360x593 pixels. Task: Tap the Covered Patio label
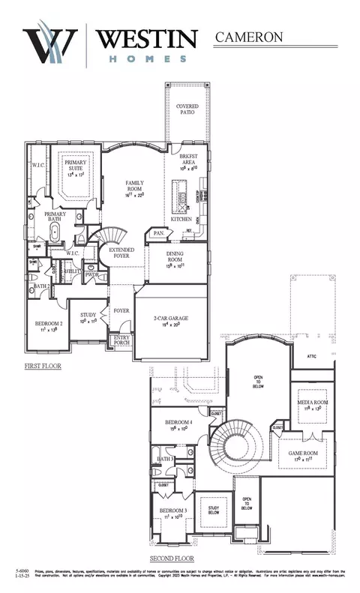[187, 110]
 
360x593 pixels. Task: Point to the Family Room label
[139, 187]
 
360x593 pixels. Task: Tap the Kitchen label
[181, 220]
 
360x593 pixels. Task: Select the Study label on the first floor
[88, 316]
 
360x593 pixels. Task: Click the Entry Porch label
[121, 340]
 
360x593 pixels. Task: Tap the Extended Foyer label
[122, 253]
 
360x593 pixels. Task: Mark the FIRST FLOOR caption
[42, 367]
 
